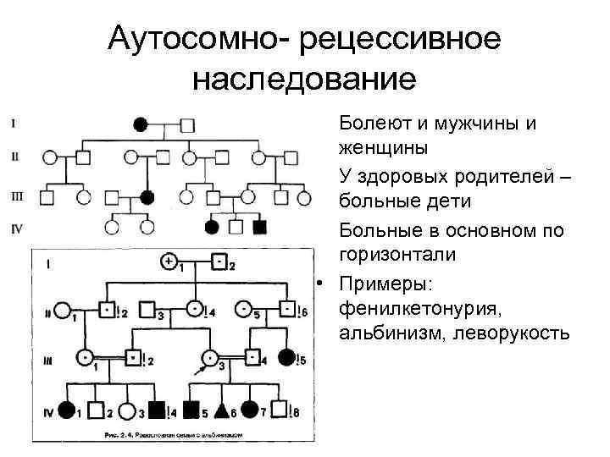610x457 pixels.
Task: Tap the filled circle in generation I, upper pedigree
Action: [x=141, y=125]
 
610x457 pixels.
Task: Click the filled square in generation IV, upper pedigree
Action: [x=261, y=226]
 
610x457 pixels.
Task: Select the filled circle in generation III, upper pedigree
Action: [x=147, y=198]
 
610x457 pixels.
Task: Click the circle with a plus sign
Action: [x=169, y=260]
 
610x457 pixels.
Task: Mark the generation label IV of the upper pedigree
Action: [x=16, y=227]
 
